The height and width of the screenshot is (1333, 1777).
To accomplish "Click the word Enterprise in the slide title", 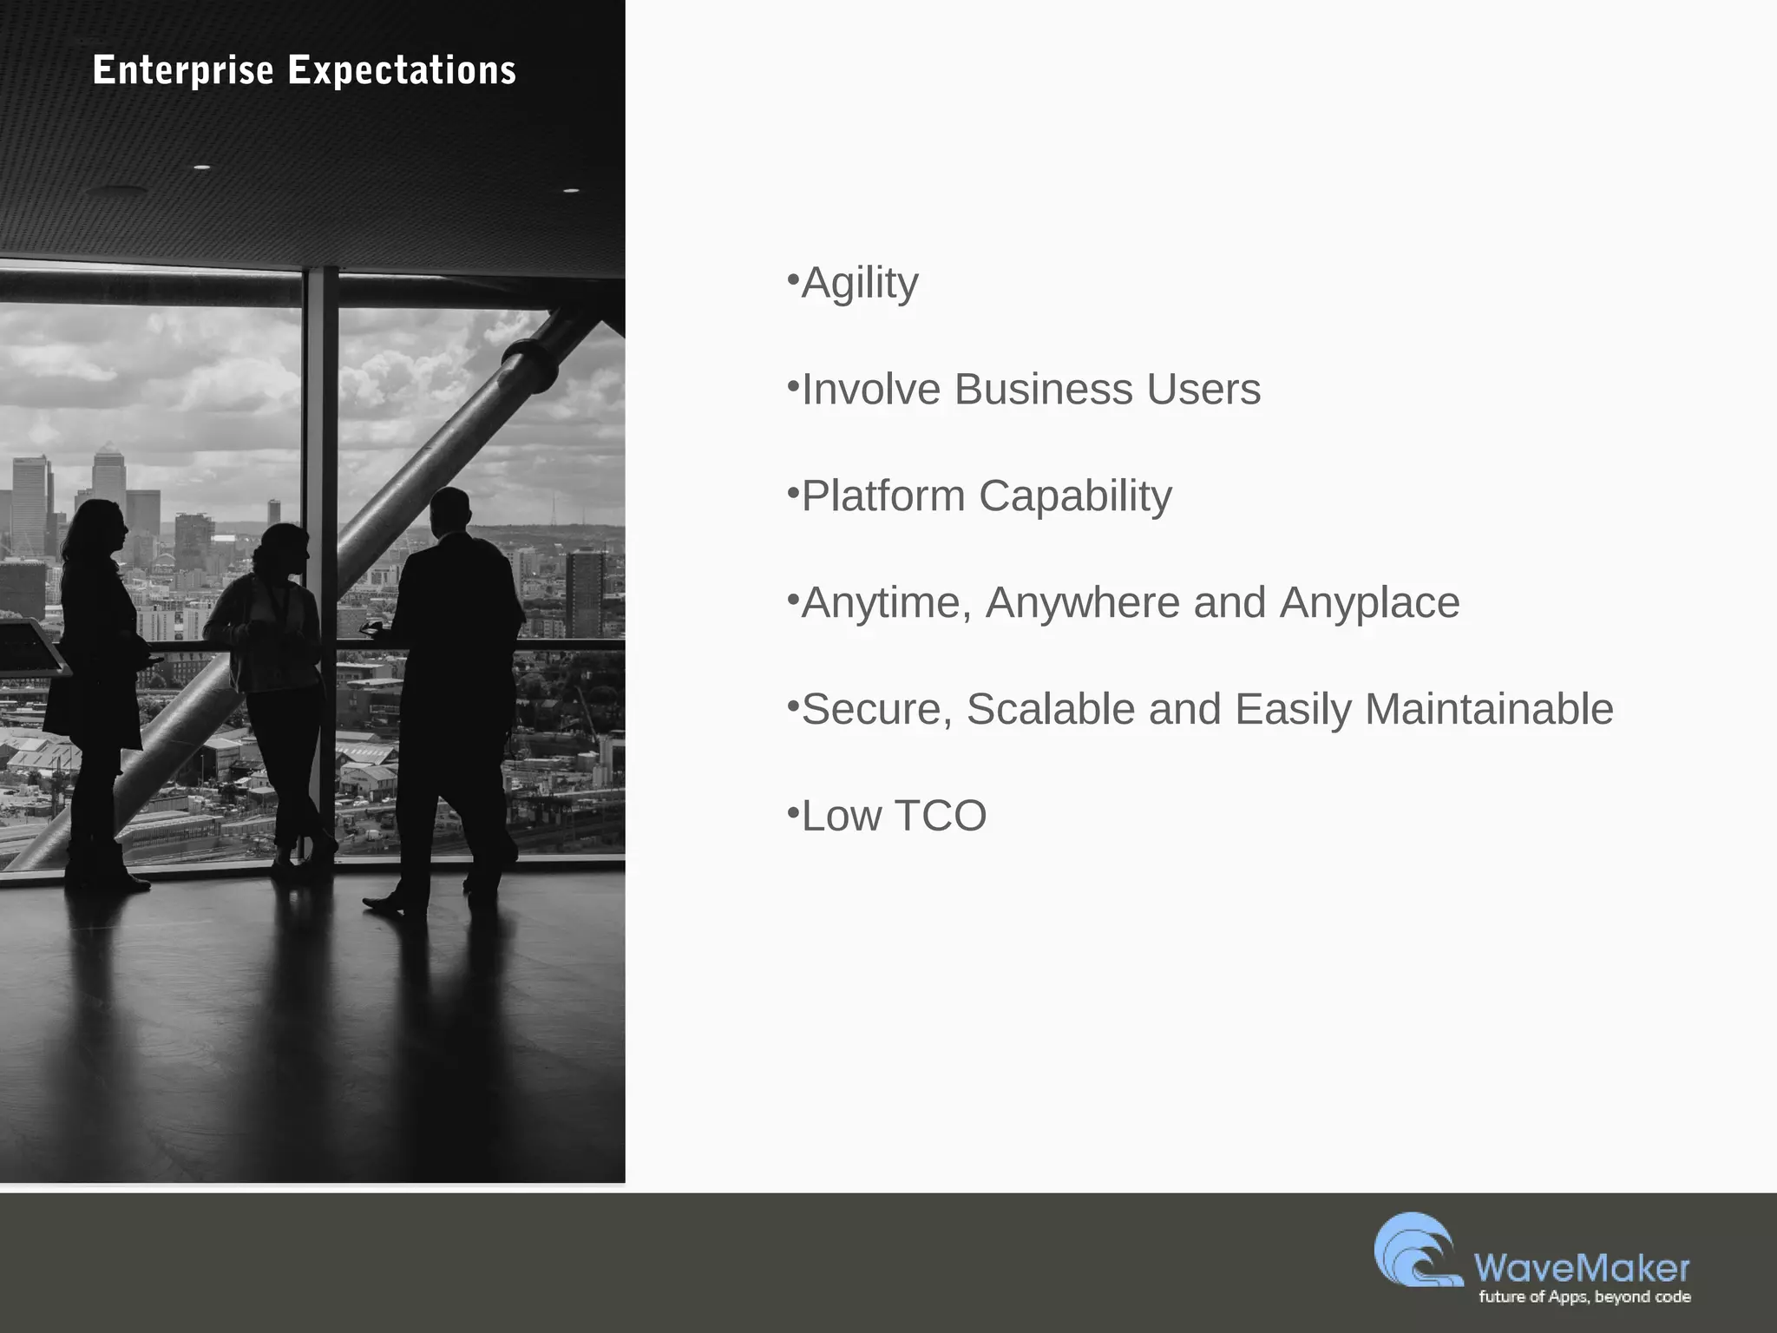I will point(183,70).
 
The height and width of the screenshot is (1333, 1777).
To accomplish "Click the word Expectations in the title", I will point(402,70).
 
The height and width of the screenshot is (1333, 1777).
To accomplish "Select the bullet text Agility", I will point(859,283).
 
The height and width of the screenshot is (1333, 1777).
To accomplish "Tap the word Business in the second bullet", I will point(1043,389).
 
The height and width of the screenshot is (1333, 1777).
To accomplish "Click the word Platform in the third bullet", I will point(882,496).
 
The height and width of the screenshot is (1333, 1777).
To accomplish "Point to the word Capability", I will point(1075,496).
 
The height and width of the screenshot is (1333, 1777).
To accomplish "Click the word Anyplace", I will point(1369,602).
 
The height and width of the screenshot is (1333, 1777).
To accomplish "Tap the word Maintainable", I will point(1489,709).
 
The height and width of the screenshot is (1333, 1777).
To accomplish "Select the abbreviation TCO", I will point(940,816).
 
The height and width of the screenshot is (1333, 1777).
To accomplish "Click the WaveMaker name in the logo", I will point(1581,1268).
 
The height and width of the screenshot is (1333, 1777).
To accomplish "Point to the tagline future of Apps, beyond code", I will point(1584,1297).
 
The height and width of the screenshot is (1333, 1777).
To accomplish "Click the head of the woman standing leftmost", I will point(102,524).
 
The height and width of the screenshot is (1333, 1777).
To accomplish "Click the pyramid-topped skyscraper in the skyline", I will point(108,473).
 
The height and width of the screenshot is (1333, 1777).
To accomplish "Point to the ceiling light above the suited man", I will point(571,189).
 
